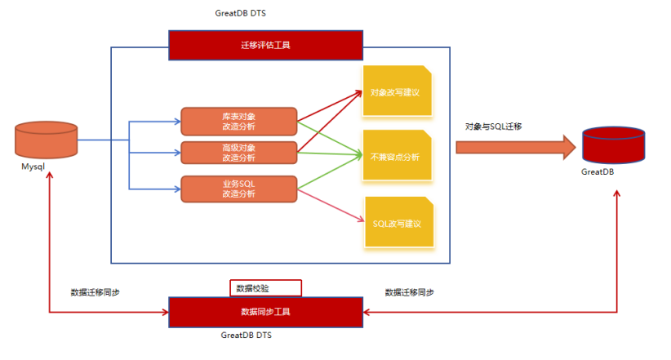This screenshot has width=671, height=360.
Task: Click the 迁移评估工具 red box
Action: tap(265, 45)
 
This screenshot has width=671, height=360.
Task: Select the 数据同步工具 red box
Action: tap(265, 311)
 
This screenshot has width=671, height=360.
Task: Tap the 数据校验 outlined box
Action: tap(265, 288)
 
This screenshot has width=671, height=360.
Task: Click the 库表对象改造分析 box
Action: tap(238, 121)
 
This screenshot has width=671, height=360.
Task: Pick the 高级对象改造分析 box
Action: tap(238, 153)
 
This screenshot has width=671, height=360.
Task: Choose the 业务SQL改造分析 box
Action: tap(238, 189)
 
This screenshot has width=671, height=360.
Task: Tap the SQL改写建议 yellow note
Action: tap(396, 223)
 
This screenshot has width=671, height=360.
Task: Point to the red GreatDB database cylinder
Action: tap(612, 145)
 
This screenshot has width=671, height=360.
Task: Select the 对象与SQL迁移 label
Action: tap(493, 127)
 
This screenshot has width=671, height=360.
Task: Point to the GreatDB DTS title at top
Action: tap(242, 14)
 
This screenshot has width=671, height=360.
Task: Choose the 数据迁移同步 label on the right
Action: tap(409, 292)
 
